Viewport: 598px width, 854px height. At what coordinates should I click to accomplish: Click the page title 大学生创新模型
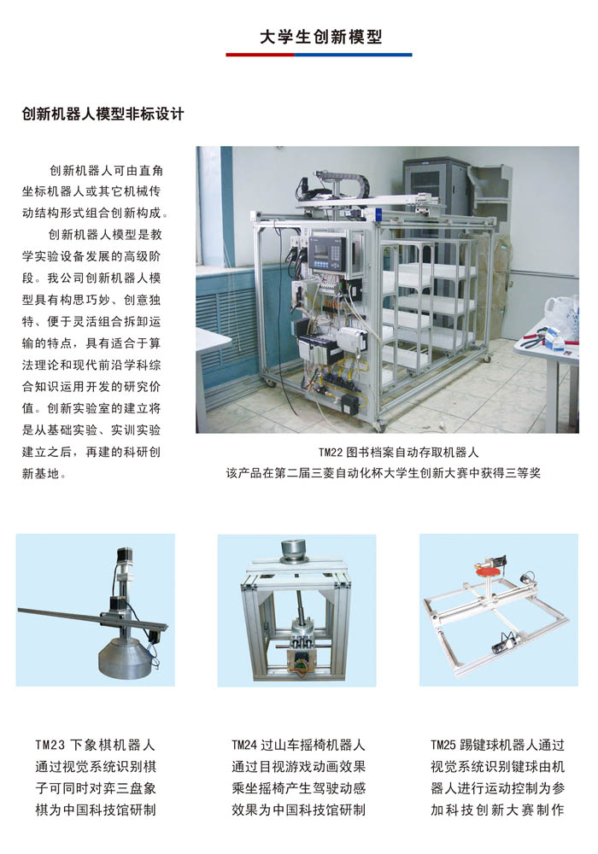point(320,37)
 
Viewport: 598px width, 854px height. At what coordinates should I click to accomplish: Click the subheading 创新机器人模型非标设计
point(103,114)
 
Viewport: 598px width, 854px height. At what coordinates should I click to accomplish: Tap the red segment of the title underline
point(261,55)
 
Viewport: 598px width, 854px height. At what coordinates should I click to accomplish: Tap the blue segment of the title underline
point(353,55)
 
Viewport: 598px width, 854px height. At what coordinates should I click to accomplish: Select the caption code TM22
point(330,452)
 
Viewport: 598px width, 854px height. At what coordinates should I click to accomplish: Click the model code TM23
point(50,745)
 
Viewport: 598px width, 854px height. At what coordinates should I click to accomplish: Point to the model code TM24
point(243,745)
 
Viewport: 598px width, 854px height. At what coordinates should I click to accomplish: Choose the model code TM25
point(443,745)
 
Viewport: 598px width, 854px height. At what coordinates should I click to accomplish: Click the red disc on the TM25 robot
point(489,571)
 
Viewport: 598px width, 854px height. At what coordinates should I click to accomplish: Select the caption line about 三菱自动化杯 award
point(384,473)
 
